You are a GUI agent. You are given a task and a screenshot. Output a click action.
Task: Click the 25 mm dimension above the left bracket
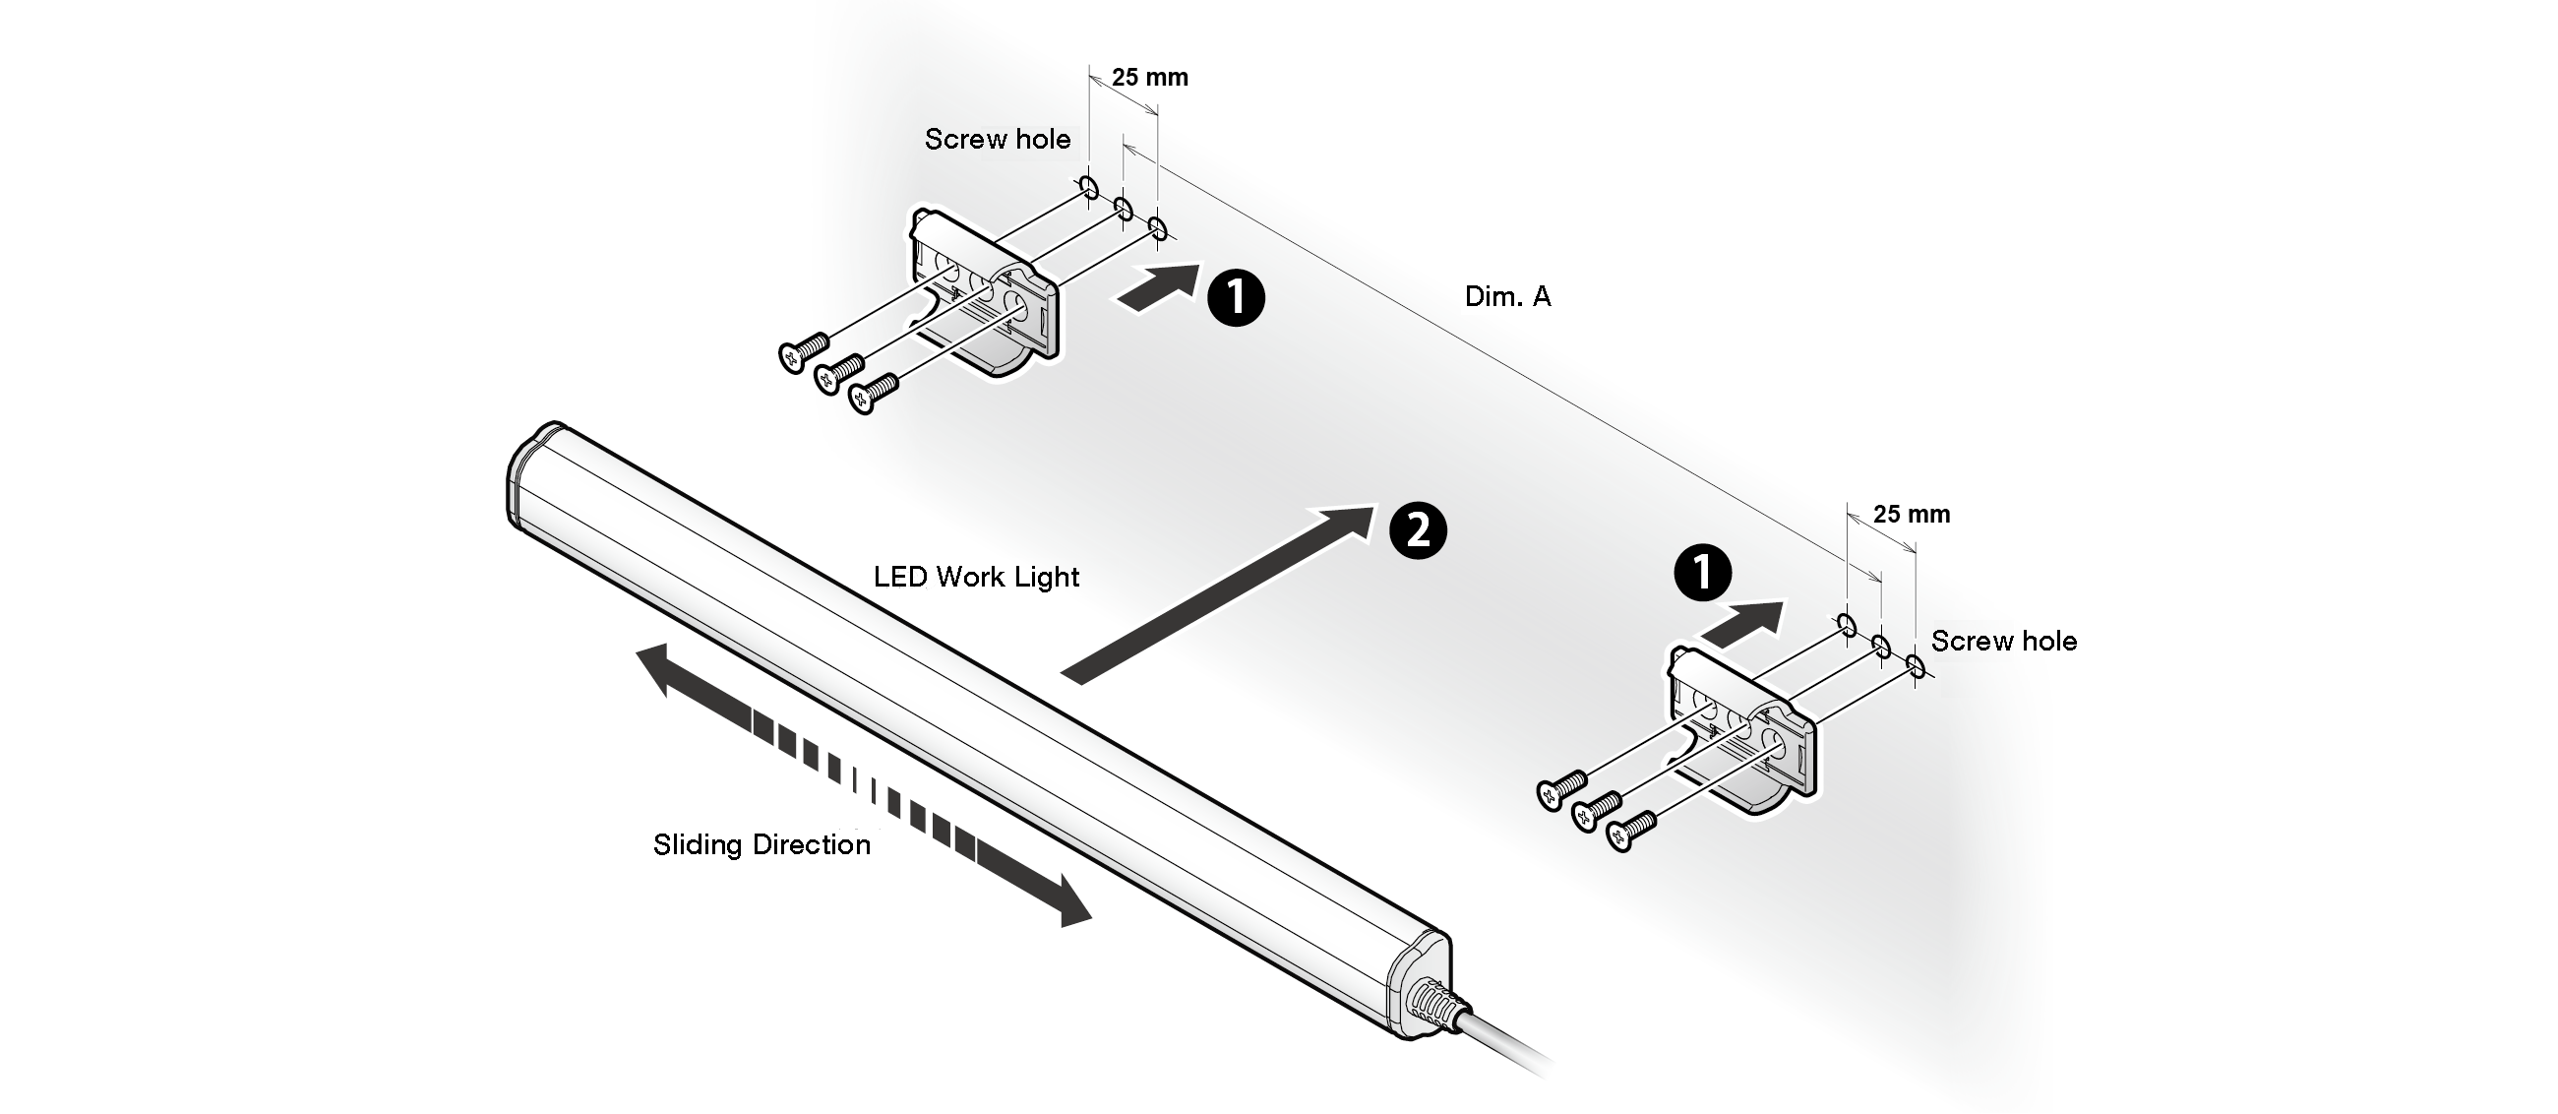pos(1149,78)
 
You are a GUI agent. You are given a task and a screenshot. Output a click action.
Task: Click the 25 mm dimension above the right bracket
pos(1911,515)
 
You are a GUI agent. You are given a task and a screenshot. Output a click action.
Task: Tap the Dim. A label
pos(1506,297)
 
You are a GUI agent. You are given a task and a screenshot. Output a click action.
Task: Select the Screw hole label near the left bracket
pos(997,140)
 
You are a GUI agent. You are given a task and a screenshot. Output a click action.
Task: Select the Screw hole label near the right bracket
pos(2003,642)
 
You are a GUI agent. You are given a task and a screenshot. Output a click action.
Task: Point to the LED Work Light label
pos(976,577)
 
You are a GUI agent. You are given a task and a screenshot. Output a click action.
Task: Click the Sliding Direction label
pos(761,845)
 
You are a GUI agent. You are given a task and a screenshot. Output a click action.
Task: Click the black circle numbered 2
pos(1418,530)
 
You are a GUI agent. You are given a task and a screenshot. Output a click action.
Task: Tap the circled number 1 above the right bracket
pos(1702,573)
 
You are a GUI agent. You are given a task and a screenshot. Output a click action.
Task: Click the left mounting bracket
pos(983,293)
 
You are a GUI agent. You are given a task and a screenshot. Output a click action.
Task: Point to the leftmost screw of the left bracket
pos(803,350)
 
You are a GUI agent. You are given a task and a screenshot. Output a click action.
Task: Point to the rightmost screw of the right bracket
pos(1628,829)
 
